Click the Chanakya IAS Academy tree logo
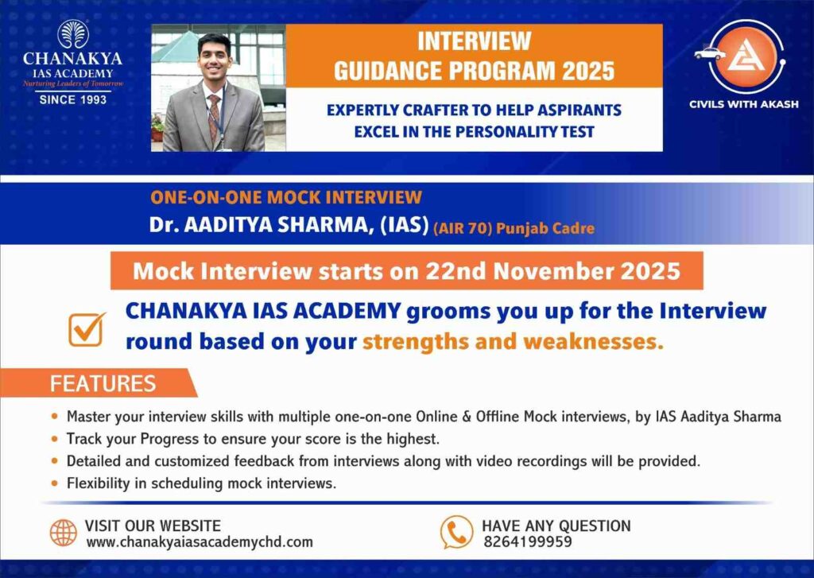[72, 35]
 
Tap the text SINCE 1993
[72, 99]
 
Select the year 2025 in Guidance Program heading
[588, 71]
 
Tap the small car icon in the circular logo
[709, 54]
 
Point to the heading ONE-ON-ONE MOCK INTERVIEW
[286, 198]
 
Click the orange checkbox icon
[87, 328]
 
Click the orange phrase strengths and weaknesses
[513, 343]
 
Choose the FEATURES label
[103, 384]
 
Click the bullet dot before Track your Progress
[54, 439]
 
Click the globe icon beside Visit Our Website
[64, 533]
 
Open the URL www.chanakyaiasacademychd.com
[199, 542]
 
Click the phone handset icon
[456, 532]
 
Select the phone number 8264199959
[527, 542]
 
